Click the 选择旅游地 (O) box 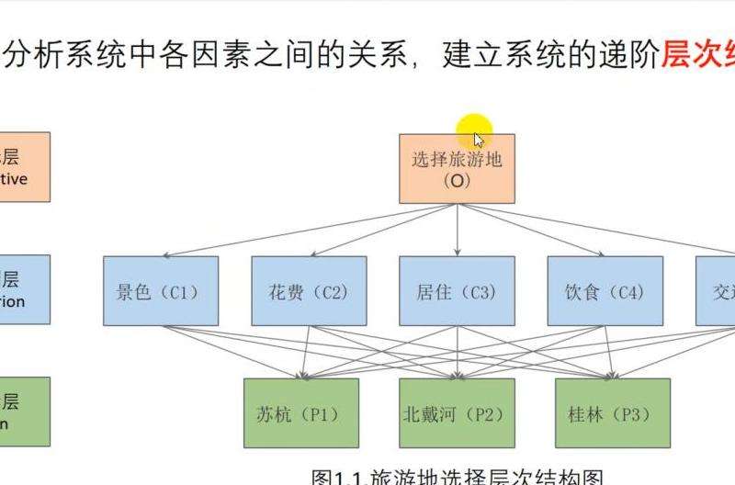point(457,169)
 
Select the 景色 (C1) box point(161,291)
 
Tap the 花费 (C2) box point(309,291)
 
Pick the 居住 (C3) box point(457,291)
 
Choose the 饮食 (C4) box point(605,291)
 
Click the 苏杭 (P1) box point(300,413)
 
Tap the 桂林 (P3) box point(613,413)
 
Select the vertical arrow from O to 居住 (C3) point(458,230)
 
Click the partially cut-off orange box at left point(25,166)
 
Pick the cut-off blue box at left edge point(25,289)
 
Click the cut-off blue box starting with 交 point(716,291)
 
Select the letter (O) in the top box point(457,181)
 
